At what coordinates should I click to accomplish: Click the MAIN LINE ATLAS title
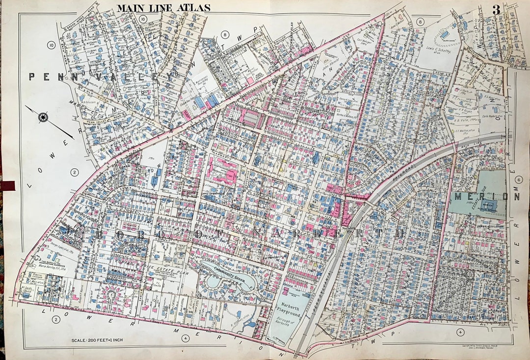[x=163, y=7]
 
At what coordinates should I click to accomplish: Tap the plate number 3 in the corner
[x=496, y=9]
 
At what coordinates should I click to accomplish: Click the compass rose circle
[x=43, y=117]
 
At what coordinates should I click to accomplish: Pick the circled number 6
[x=519, y=180]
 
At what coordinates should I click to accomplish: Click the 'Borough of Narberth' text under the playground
[x=293, y=322]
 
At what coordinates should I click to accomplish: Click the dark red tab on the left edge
[x=8, y=185]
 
